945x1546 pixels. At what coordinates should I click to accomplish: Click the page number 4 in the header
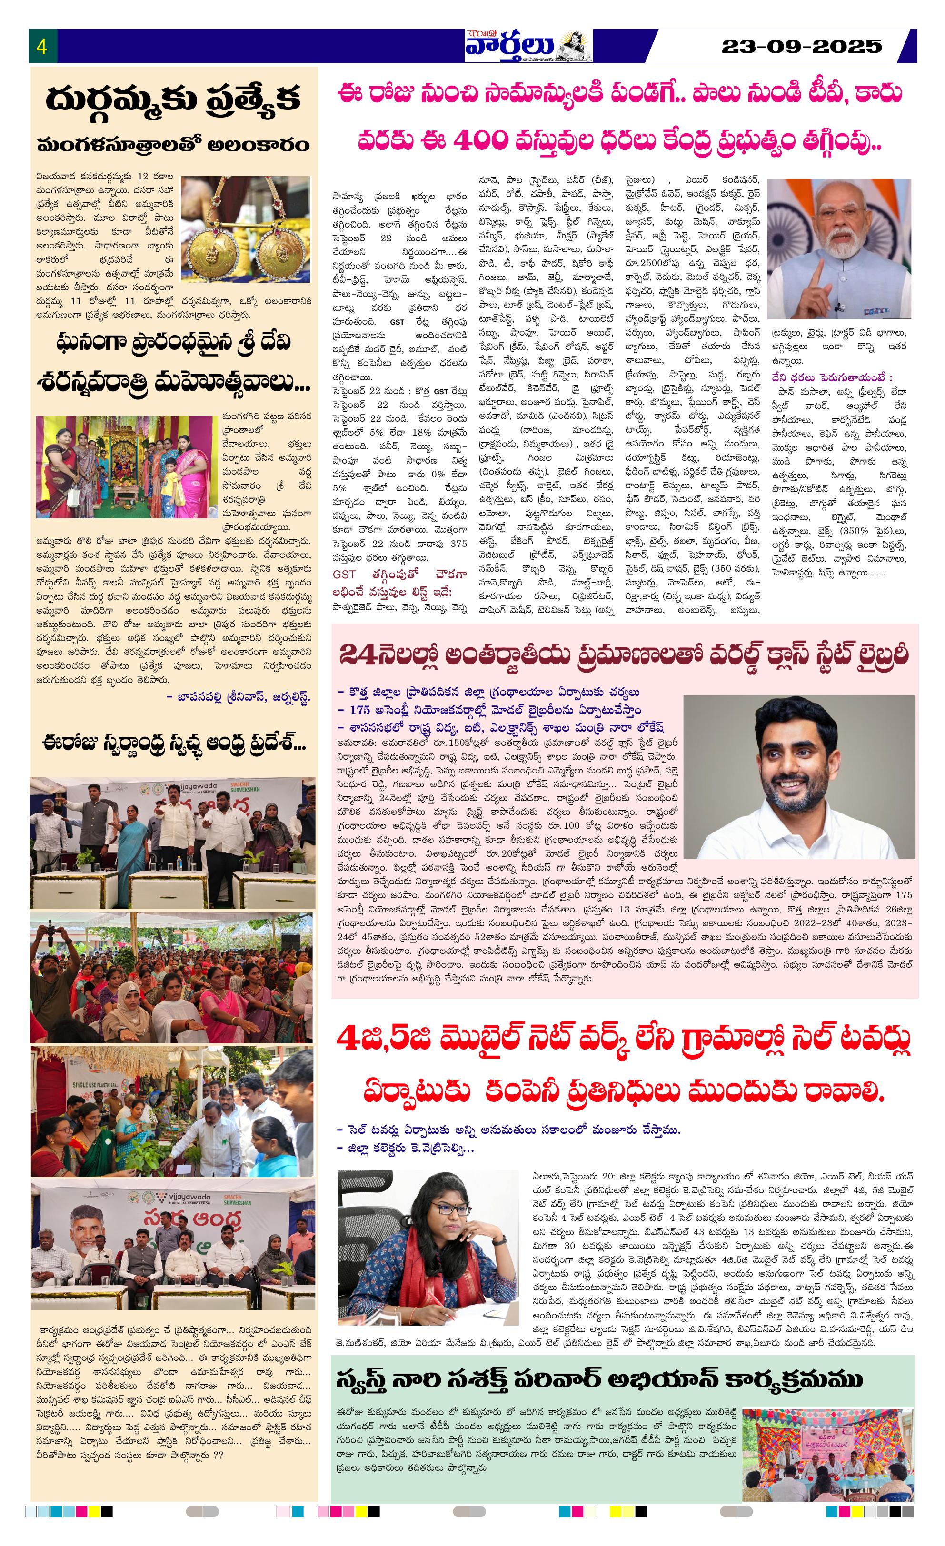coord(42,47)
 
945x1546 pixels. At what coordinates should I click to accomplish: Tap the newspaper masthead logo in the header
coord(527,46)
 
